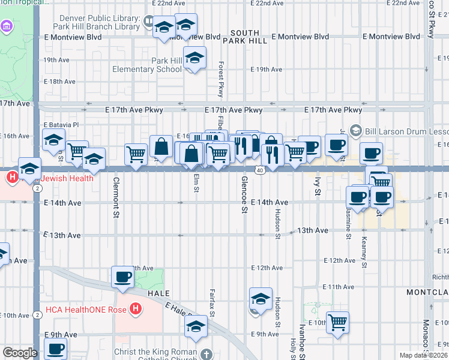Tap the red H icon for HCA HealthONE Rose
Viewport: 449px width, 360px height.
pos(136,310)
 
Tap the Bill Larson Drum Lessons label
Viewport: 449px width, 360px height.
pos(403,131)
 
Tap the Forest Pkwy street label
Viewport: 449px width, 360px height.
pos(221,79)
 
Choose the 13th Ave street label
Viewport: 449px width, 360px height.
pos(313,230)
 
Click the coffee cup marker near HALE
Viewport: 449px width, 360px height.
pos(123,277)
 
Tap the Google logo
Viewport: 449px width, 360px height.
pos(19,353)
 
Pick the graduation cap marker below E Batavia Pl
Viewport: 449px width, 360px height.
pos(54,140)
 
